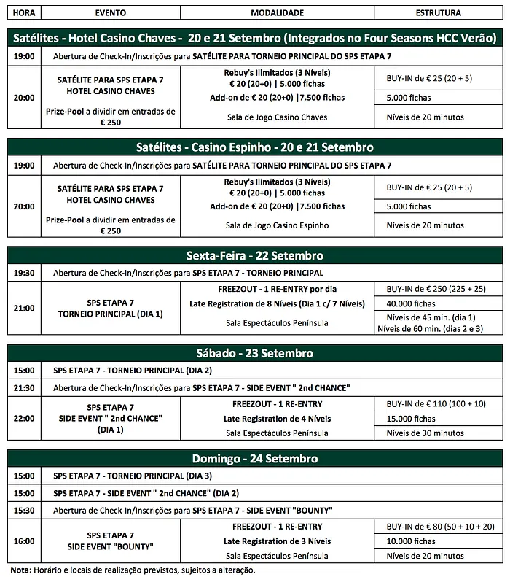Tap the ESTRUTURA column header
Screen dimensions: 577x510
click(438, 12)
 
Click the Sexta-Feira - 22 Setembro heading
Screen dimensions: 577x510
click(255, 256)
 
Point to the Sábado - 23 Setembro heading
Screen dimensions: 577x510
click(255, 353)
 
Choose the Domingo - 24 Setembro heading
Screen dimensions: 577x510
click(255, 459)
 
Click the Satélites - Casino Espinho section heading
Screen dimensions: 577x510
click(255, 147)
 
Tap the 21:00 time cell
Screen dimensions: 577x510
click(24, 308)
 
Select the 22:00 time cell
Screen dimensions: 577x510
click(24, 417)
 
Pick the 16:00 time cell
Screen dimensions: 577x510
click(24, 541)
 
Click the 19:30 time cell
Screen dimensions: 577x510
click(24, 273)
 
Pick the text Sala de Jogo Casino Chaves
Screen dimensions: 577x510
click(277, 117)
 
